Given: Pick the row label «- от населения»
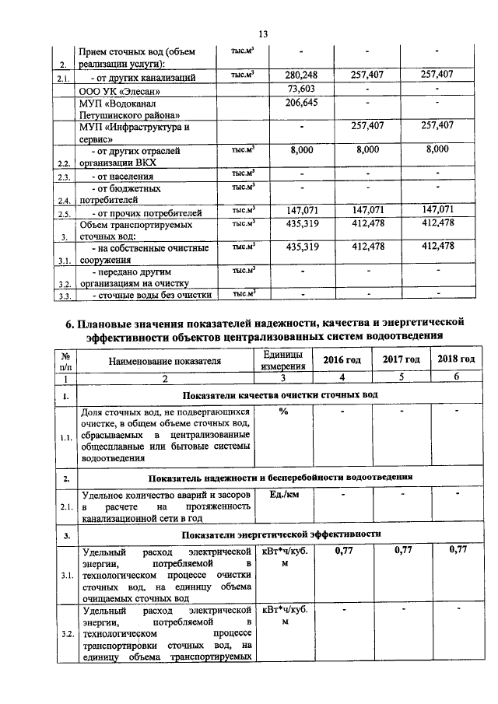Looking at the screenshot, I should [x=123, y=176].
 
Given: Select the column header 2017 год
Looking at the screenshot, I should [x=402, y=359].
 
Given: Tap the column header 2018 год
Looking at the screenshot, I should [x=456, y=359].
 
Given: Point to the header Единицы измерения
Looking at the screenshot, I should [x=282, y=360].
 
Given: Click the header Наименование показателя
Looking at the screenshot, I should [x=164, y=361].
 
